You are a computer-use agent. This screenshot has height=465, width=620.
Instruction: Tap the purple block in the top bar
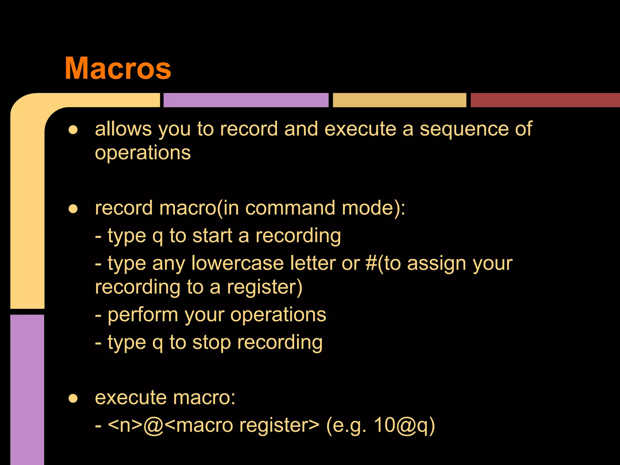click(x=246, y=100)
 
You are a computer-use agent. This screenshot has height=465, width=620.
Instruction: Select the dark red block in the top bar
click(x=545, y=100)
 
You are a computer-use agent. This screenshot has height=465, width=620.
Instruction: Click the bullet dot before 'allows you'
click(x=73, y=130)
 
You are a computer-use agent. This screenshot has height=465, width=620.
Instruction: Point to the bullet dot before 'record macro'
click(x=73, y=209)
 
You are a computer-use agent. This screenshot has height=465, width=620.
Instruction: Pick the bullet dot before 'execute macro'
click(x=73, y=398)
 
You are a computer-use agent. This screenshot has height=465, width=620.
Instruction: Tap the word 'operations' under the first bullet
click(x=143, y=153)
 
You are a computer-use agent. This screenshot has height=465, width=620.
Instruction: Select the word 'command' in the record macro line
click(x=290, y=208)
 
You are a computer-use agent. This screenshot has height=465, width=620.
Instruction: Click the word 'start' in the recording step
click(x=212, y=236)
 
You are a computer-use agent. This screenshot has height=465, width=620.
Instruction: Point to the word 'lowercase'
click(x=237, y=263)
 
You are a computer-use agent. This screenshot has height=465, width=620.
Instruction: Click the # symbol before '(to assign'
click(x=371, y=263)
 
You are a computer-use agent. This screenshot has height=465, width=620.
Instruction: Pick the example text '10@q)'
click(x=404, y=425)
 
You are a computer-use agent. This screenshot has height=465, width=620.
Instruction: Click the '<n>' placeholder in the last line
click(x=125, y=425)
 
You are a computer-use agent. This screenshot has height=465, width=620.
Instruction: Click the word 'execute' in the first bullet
click(x=360, y=129)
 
